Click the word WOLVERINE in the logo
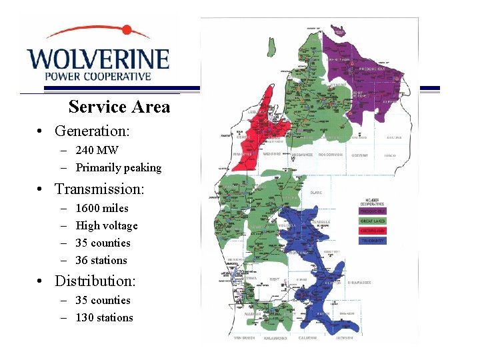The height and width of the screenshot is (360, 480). pos(98,58)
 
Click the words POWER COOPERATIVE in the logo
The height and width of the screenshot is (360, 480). pos(98,76)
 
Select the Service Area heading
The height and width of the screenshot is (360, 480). pos(119,107)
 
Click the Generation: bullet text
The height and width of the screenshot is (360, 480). pos(92,131)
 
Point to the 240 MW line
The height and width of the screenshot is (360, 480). pos(97,151)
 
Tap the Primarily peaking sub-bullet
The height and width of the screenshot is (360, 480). pos(119,168)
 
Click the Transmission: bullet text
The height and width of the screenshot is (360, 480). pos(99,189)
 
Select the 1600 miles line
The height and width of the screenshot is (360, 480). pos(102,209)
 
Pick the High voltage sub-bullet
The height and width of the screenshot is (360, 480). pos(107,226)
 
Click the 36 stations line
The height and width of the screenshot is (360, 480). pos(101,261)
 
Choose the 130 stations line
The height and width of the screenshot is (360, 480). pos(104,318)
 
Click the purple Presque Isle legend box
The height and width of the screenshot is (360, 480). pos(373,211)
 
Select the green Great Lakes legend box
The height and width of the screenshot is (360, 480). pos(373,221)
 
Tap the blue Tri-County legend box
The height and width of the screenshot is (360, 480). pos(373,240)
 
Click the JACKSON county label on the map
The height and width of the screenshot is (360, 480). pos(344,338)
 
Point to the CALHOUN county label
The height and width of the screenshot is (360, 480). pos(308,338)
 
